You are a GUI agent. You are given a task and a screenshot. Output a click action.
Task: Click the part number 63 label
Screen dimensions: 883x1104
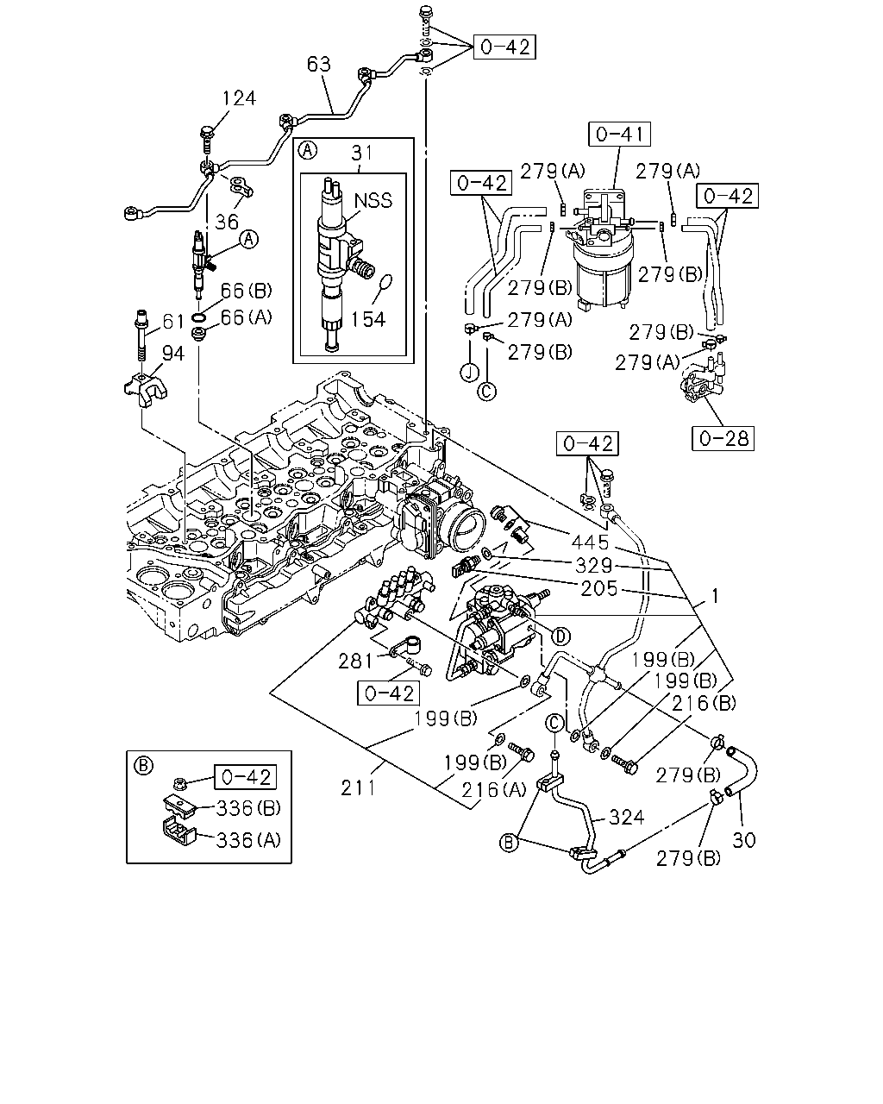(x=318, y=64)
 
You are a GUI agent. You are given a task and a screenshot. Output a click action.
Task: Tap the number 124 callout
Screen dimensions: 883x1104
(x=239, y=98)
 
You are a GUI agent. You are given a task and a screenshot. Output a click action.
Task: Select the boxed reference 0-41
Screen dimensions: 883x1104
(x=619, y=135)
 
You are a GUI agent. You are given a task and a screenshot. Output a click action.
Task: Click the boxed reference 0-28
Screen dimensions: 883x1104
(x=723, y=439)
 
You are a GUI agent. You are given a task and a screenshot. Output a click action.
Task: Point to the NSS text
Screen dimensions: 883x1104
(x=373, y=200)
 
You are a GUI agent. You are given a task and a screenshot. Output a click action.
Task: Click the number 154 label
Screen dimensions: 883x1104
(x=368, y=320)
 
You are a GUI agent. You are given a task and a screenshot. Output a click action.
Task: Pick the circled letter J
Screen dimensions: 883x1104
(x=469, y=373)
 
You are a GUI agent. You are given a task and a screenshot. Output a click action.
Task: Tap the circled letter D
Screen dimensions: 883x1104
(x=560, y=637)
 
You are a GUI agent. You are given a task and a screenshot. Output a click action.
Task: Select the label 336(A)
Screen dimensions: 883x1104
(x=248, y=840)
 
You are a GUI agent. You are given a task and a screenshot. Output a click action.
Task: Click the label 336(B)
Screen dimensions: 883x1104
(x=248, y=808)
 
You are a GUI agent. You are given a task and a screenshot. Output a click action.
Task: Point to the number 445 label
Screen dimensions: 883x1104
(x=590, y=542)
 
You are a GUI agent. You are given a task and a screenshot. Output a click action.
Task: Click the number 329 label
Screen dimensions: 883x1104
(x=593, y=565)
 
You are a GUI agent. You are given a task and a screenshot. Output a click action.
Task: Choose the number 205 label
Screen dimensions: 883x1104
(x=598, y=589)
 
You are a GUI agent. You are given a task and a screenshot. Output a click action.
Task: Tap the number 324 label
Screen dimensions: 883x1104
(x=626, y=818)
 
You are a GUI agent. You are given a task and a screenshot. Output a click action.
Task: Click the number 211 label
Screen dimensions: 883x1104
(x=358, y=787)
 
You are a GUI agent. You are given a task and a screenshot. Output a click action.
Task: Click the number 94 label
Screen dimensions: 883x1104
(x=173, y=354)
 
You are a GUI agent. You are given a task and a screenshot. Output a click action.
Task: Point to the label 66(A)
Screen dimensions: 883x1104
(x=247, y=317)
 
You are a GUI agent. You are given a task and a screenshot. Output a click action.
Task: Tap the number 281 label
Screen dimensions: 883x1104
(x=355, y=662)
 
